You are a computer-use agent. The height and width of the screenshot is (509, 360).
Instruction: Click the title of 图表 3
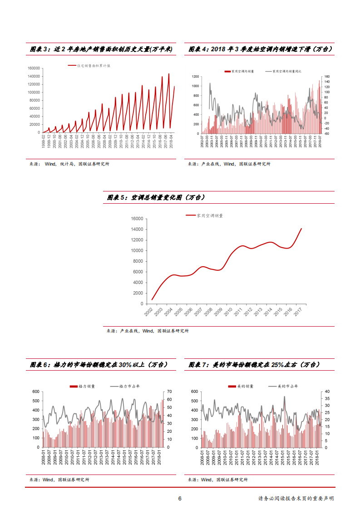click(101, 49)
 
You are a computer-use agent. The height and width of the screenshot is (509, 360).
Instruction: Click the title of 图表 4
click(261, 49)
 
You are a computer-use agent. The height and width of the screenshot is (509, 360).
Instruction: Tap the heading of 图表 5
click(156, 197)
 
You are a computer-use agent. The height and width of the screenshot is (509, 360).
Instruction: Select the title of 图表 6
click(99, 365)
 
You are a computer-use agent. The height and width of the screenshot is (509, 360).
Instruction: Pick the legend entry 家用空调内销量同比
click(287, 71)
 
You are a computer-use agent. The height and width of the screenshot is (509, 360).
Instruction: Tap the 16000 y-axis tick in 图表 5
click(138, 219)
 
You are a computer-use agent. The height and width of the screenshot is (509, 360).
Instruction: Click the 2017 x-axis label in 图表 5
click(299, 312)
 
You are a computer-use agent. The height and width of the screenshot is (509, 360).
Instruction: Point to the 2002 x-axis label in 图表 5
click(149, 312)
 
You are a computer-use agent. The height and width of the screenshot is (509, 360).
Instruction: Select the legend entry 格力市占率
click(128, 386)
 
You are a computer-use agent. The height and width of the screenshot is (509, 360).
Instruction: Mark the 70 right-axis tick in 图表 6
click(168, 392)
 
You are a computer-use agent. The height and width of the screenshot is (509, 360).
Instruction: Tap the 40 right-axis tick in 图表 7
click(327, 392)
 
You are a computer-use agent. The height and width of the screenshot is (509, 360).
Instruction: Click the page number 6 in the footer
click(180, 499)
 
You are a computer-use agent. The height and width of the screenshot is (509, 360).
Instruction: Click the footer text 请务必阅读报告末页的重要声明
click(296, 499)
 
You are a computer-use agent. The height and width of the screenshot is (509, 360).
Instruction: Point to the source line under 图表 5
click(148, 331)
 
